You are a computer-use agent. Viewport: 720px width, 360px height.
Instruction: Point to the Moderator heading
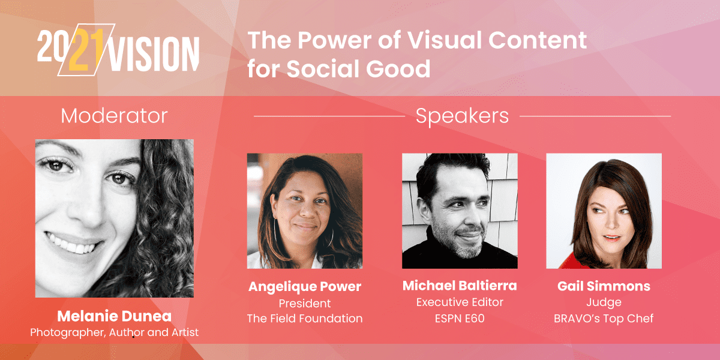click(x=114, y=115)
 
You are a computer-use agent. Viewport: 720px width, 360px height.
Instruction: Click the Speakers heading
click(x=462, y=116)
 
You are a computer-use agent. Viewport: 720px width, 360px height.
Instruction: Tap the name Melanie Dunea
click(x=114, y=316)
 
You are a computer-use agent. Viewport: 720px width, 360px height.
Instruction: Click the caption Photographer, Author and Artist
click(x=114, y=332)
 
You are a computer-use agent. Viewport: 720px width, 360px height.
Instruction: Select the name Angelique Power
click(x=305, y=287)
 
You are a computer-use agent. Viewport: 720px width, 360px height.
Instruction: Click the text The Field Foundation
click(x=305, y=319)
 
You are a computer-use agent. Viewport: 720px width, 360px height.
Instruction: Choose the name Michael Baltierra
click(x=460, y=286)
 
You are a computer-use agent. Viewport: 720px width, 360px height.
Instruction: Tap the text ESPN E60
click(x=460, y=319)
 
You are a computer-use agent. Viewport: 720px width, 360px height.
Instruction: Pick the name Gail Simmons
click(x=604, y=286)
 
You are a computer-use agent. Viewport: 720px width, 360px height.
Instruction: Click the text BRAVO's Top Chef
click(x=604, y=319)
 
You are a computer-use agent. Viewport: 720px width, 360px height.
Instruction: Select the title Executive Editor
click(x=460, y=302)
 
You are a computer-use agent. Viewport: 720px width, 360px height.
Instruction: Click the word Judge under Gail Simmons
click(x=604, y=302)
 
